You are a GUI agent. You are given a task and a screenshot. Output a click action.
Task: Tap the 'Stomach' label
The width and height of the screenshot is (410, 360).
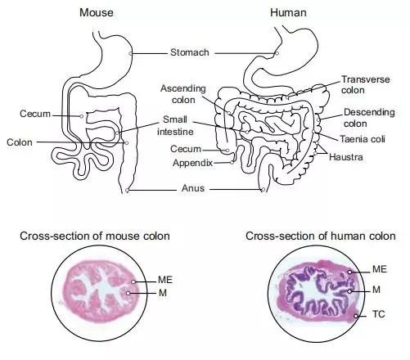coord(190,53)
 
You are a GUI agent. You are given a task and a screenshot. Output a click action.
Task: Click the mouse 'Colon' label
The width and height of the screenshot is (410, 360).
coord(23,142)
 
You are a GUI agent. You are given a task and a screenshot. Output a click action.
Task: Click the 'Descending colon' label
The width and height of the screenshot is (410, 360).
coord(366,117)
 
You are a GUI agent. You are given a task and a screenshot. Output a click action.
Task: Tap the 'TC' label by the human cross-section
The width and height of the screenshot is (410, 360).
coord(379,314)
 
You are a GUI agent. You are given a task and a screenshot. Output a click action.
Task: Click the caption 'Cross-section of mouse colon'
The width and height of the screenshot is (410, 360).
coord(95,236)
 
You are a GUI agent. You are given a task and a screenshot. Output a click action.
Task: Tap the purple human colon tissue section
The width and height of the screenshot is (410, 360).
coord(316,295)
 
